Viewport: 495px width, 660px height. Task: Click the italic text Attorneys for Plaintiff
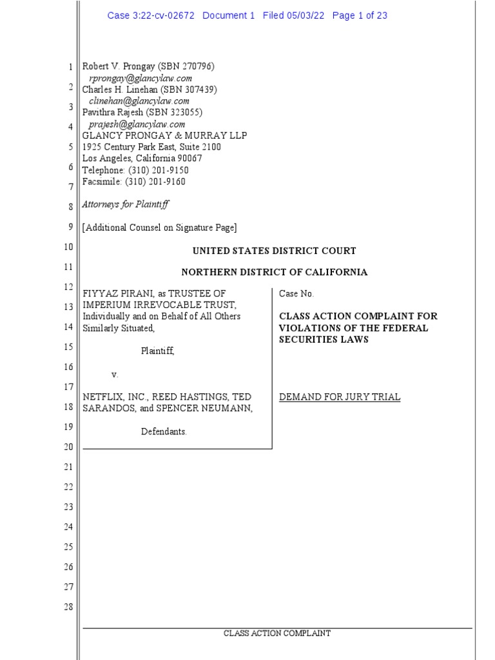126,204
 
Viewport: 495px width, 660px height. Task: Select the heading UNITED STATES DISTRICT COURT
274,251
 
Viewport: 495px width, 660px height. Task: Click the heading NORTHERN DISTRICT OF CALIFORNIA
274,272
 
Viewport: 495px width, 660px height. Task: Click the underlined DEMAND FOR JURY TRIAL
340,397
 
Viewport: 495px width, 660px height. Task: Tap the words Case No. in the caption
296,293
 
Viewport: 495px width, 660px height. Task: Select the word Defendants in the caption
164,431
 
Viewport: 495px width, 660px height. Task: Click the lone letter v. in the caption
115,374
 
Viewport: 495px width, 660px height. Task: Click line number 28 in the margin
69,607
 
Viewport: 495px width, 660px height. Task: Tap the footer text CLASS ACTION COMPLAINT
277,634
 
